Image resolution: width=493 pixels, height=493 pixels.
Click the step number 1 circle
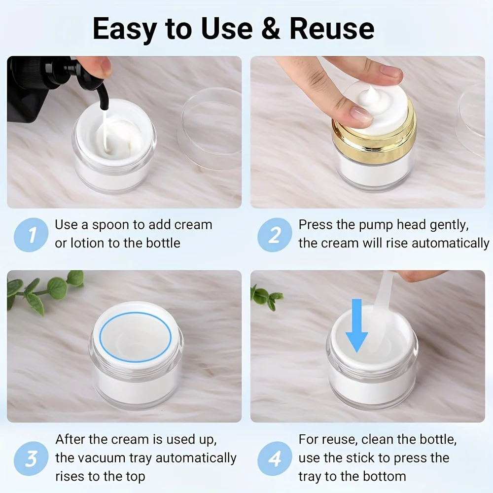(32, 235)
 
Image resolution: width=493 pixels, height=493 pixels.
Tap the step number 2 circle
(275, 235)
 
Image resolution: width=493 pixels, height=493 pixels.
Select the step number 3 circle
(32, 459)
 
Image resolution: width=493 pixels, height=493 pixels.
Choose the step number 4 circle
(275, 459)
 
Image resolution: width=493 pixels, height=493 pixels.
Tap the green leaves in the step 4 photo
(267, 296)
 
